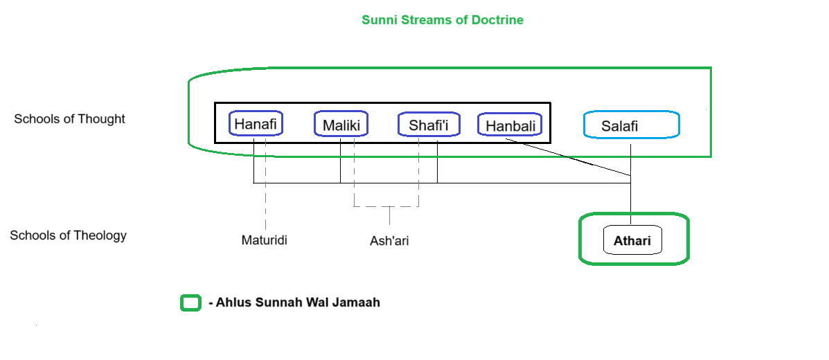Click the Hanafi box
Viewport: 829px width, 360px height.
(x=256, y=124)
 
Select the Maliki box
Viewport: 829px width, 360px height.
(x=341, y=125)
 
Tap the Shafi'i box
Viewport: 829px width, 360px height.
(x=429, y=125)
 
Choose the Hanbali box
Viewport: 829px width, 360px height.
(x=510, y=125)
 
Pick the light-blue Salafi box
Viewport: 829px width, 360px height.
(x=631, y=125)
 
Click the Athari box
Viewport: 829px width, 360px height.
(x=633, y=242)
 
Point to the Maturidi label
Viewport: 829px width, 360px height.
(x=264, y=241)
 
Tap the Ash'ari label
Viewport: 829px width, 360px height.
(x=389, y=241)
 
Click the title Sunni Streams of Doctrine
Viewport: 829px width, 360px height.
(x=443, y=20)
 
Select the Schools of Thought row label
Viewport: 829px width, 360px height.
(x=69, y=119)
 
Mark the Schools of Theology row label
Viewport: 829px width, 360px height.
(x=68, y=235)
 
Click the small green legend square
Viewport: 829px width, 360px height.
(x=190, y=303)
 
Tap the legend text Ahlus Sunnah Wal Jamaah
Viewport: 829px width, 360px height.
(x=294, y=303)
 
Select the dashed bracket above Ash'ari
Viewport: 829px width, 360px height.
(x=386, y=206)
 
